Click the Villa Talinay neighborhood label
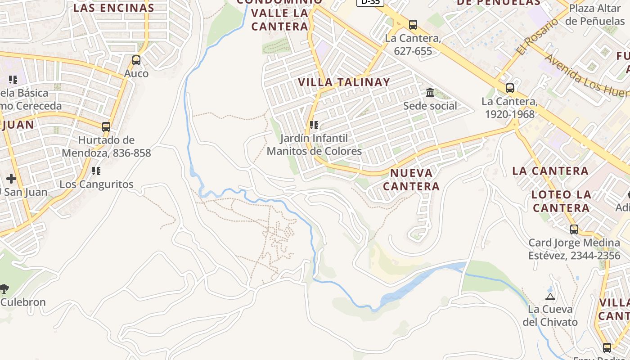[x=344, y=82]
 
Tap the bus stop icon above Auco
[x=136, y=60]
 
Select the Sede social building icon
[x=430, y=93]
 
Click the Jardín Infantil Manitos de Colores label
[x=314, y=144]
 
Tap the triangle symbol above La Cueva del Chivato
[x=550, y=297]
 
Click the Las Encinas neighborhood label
[x=114, y=8]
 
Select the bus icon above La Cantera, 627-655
[x=413, y=25]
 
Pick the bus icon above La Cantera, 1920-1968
[x=509, y=88]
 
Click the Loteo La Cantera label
[x=561, y=201]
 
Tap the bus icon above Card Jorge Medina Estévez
[x=574, y=229]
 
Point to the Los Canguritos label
[x=96, y=184]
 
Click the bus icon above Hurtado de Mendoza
[x=106, y=127]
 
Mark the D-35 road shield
[x=370, y=2]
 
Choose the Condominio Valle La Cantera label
[x=279, y=13]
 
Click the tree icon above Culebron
[x=4, y=288]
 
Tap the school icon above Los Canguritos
[x=96, y=171]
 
